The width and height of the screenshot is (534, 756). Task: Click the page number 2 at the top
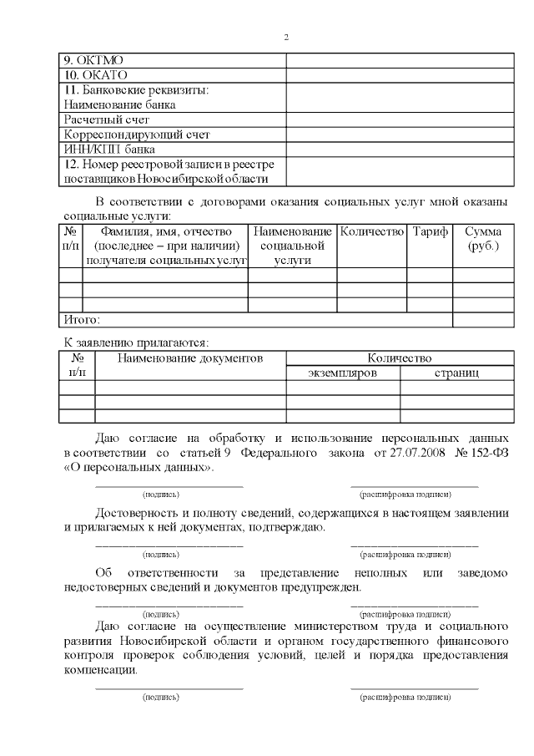coord(286,37)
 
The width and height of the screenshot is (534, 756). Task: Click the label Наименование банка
coord(120,104)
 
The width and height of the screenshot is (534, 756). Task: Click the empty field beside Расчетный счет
coord(399,119)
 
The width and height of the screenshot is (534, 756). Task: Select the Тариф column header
coord(430,231)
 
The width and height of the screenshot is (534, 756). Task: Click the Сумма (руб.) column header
coord(483,238)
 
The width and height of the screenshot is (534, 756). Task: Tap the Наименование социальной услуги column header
coord(292,246)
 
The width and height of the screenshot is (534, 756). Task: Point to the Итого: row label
coord(82,319)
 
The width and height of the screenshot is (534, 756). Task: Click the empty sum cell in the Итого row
coord(483,319)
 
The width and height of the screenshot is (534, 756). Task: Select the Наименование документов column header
coord(189,358)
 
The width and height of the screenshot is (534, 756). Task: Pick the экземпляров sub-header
coord(342,373)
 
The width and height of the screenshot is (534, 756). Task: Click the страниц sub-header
coord(456,373)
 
